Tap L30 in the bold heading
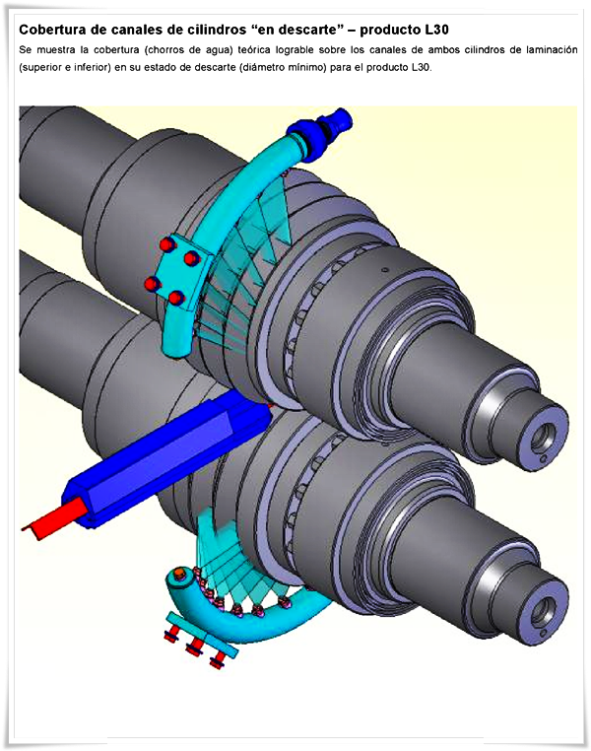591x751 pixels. click(436, 30)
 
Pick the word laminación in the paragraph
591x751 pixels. click(552, 50)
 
